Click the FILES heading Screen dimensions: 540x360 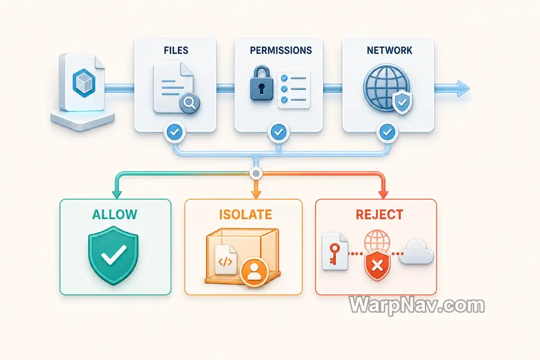point(176,50)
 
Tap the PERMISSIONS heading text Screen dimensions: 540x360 point(281,50)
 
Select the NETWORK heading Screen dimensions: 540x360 point(389,50)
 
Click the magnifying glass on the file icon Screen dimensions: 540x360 point(190,103)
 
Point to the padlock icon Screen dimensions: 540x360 point(261,83)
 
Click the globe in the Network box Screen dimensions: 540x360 point(386,87)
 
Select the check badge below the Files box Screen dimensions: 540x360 point(175,132)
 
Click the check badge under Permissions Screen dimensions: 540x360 point(279,132)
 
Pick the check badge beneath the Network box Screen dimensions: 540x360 point(387,132)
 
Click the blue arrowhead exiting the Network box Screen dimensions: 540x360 point(463,89)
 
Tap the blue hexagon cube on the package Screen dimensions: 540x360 point(84,83)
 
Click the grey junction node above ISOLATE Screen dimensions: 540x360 point(256,173)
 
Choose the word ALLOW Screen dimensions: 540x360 point(115,214)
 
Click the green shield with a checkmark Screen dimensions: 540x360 point(113,256)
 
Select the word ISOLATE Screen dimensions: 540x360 point(245,214)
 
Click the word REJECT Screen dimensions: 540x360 point(379,214)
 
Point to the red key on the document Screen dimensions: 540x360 point(334,254)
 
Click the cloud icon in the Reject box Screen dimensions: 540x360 point(416,252)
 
